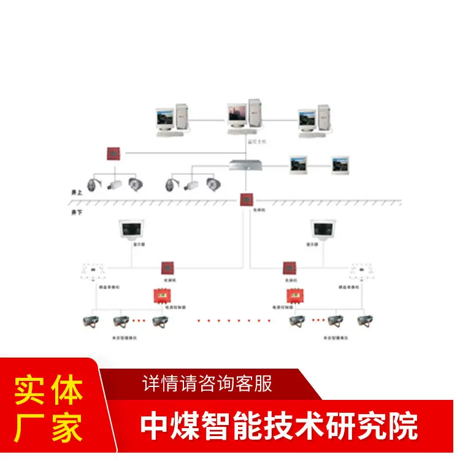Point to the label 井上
coord(77,193)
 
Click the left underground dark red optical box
coord(167,267)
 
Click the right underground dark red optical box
coord(289,267)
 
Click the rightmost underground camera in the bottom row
coord(367,321)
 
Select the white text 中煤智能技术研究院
coord(279,425)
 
